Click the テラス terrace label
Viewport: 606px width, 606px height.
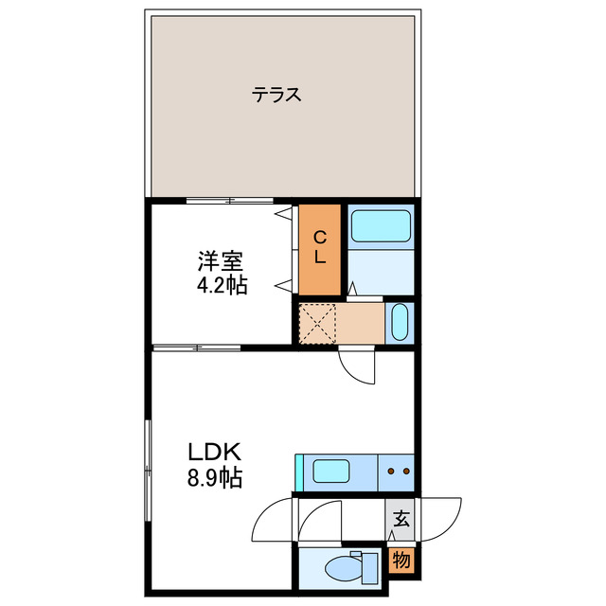pyautogui.click(x=276, y=95)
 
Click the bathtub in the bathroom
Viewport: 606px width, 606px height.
pyautogui.click(x=380, y=226)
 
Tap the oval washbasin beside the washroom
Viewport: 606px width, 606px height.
pyautogui.click(x=399, y=322)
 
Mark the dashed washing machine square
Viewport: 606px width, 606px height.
pyautogui.click(x=318, y=323)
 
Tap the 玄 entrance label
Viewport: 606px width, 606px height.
pyautogui.click(x=401, y=519)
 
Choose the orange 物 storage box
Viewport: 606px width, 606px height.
pyautogui.click(x=401, y=560)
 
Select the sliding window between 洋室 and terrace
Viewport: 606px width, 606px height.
pyautogui.click(x=230, y=200)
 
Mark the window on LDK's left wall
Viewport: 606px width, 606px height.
pyautogui.click(x=148, y=471)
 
